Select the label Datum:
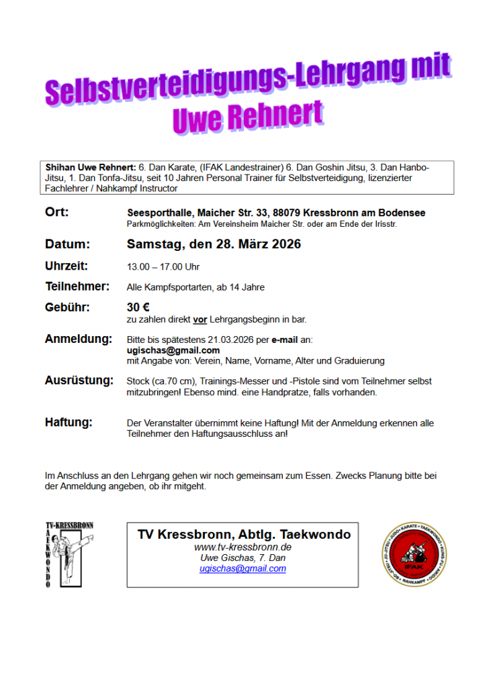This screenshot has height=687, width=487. point(67,244)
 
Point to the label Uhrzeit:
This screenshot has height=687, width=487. point(67,266)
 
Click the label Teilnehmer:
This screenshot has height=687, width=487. point(77,286)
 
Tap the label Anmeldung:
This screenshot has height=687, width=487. point(79,339)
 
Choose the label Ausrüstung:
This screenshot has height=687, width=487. point(79,380)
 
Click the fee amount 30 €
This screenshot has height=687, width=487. point(138,308)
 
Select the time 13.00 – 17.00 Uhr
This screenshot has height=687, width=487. point(163,267)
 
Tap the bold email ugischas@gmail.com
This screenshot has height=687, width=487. point(173,350)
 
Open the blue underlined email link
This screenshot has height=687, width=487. point(242,568)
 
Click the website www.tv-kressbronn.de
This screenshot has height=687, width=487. point(242,547)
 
